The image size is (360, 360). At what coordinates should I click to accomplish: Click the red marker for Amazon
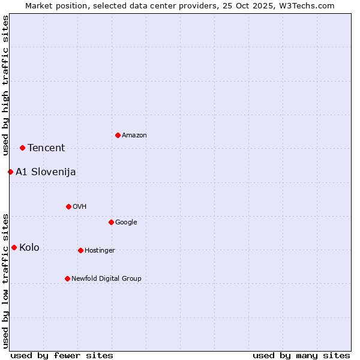coord(118,135)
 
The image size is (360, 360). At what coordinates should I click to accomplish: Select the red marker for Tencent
coord(22,148)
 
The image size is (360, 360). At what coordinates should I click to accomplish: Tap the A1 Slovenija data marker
coord(10,172)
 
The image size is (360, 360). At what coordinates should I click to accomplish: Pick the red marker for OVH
coord(68,206)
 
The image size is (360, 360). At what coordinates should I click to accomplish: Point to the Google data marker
coord(111,222)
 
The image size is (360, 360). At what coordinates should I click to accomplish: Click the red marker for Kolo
coord(14,247)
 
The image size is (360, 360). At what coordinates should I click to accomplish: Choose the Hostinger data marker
coord(80,250)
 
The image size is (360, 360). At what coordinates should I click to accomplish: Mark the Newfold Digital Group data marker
coord(67,278)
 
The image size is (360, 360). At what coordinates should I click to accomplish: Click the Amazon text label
coord(134,136)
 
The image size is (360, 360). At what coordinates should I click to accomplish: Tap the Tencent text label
coord(46,148)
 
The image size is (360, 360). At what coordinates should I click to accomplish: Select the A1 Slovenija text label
coord(46,172)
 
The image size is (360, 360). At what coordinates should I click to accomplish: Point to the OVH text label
coord(80,207)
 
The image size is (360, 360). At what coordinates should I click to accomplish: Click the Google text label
coord(126,223)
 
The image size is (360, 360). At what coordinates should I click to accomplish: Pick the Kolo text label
coord(29,248)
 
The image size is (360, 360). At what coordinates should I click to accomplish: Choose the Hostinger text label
coord(100,251)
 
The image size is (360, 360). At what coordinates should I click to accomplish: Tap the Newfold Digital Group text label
coord(106,279)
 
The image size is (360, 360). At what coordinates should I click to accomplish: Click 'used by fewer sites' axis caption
coord(62,355)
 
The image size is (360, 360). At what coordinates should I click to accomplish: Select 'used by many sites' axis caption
coord(301,355)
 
